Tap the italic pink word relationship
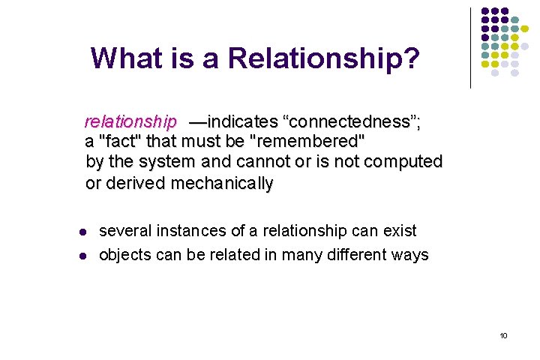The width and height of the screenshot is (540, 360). [130, 121]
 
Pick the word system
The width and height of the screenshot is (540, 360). [168, 161]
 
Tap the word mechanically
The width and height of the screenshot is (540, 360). [223, 183]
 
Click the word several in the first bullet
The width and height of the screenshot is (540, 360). [125, 231]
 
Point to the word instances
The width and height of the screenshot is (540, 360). [188, 231]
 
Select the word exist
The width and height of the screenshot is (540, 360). [399, 231]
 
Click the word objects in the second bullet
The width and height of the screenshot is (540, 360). [126, 255]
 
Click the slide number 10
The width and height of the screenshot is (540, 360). [503, 335]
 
